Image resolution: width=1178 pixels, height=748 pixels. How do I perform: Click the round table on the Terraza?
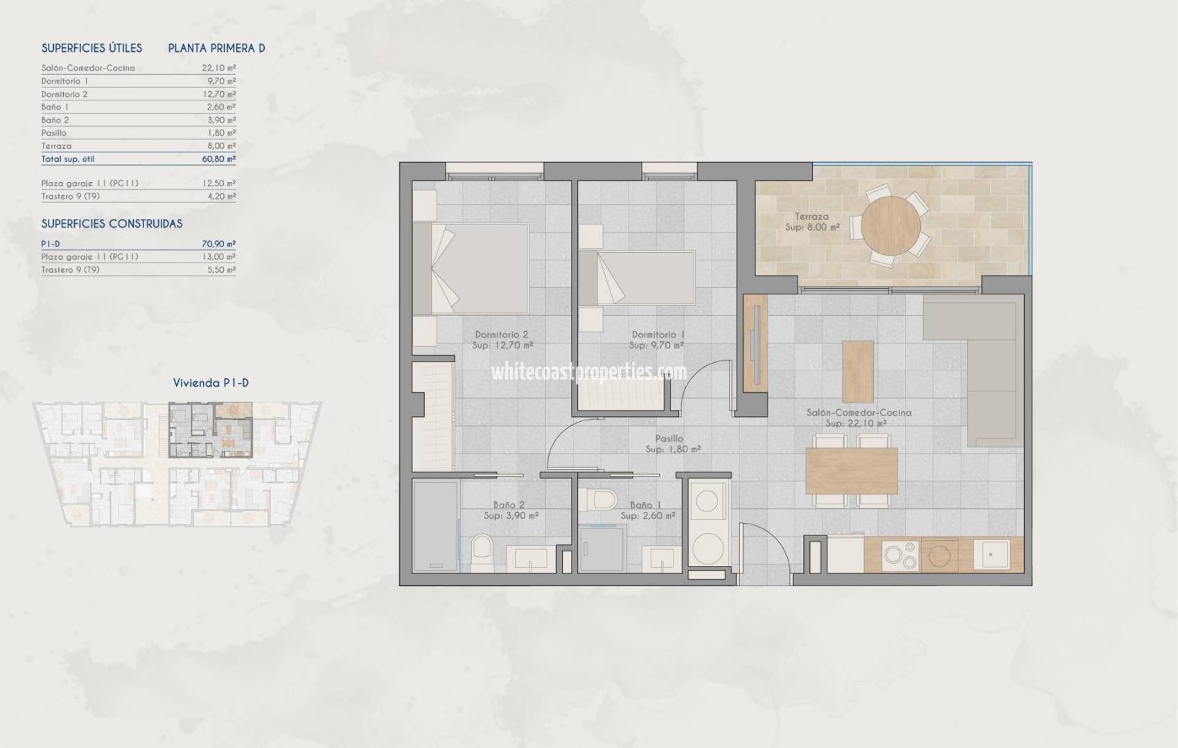pyautogui.click(x=890, y=226)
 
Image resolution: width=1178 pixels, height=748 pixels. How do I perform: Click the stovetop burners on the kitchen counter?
pyautogui.click(x=900, y=555)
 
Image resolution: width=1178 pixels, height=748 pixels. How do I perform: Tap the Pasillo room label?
pyautogui.click(x=669, y=438)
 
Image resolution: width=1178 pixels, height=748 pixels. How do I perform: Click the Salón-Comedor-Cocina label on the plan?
pyautogui.click(x=859, y=413)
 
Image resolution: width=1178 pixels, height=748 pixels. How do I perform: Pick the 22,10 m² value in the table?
pyautogui.click(x=218, y=68)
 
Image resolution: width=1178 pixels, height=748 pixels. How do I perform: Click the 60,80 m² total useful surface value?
pyautogui.click(x=218, y=159)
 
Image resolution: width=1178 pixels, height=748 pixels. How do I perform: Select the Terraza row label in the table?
pyautogui.click(x=56, y=146)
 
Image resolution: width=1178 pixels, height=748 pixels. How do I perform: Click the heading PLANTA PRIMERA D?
pyautogui.click(x=216, y=48)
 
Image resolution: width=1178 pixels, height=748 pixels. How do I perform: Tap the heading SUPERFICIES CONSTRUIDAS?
pyautogui.click(x=112, y=224)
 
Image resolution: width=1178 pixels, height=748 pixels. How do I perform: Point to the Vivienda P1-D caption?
pyautogui.click(x=211, y=383)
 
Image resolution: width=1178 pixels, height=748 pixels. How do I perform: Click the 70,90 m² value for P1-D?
pyautogui.click(x=218, y=244)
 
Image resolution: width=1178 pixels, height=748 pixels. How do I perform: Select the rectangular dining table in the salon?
pyautogui.click(x=852, y=470)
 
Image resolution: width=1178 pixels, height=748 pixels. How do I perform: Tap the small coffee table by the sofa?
pyautogui.click(x=857, y=371)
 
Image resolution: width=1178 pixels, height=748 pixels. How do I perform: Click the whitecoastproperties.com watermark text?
pyautogui.click(x=589, y=373)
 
